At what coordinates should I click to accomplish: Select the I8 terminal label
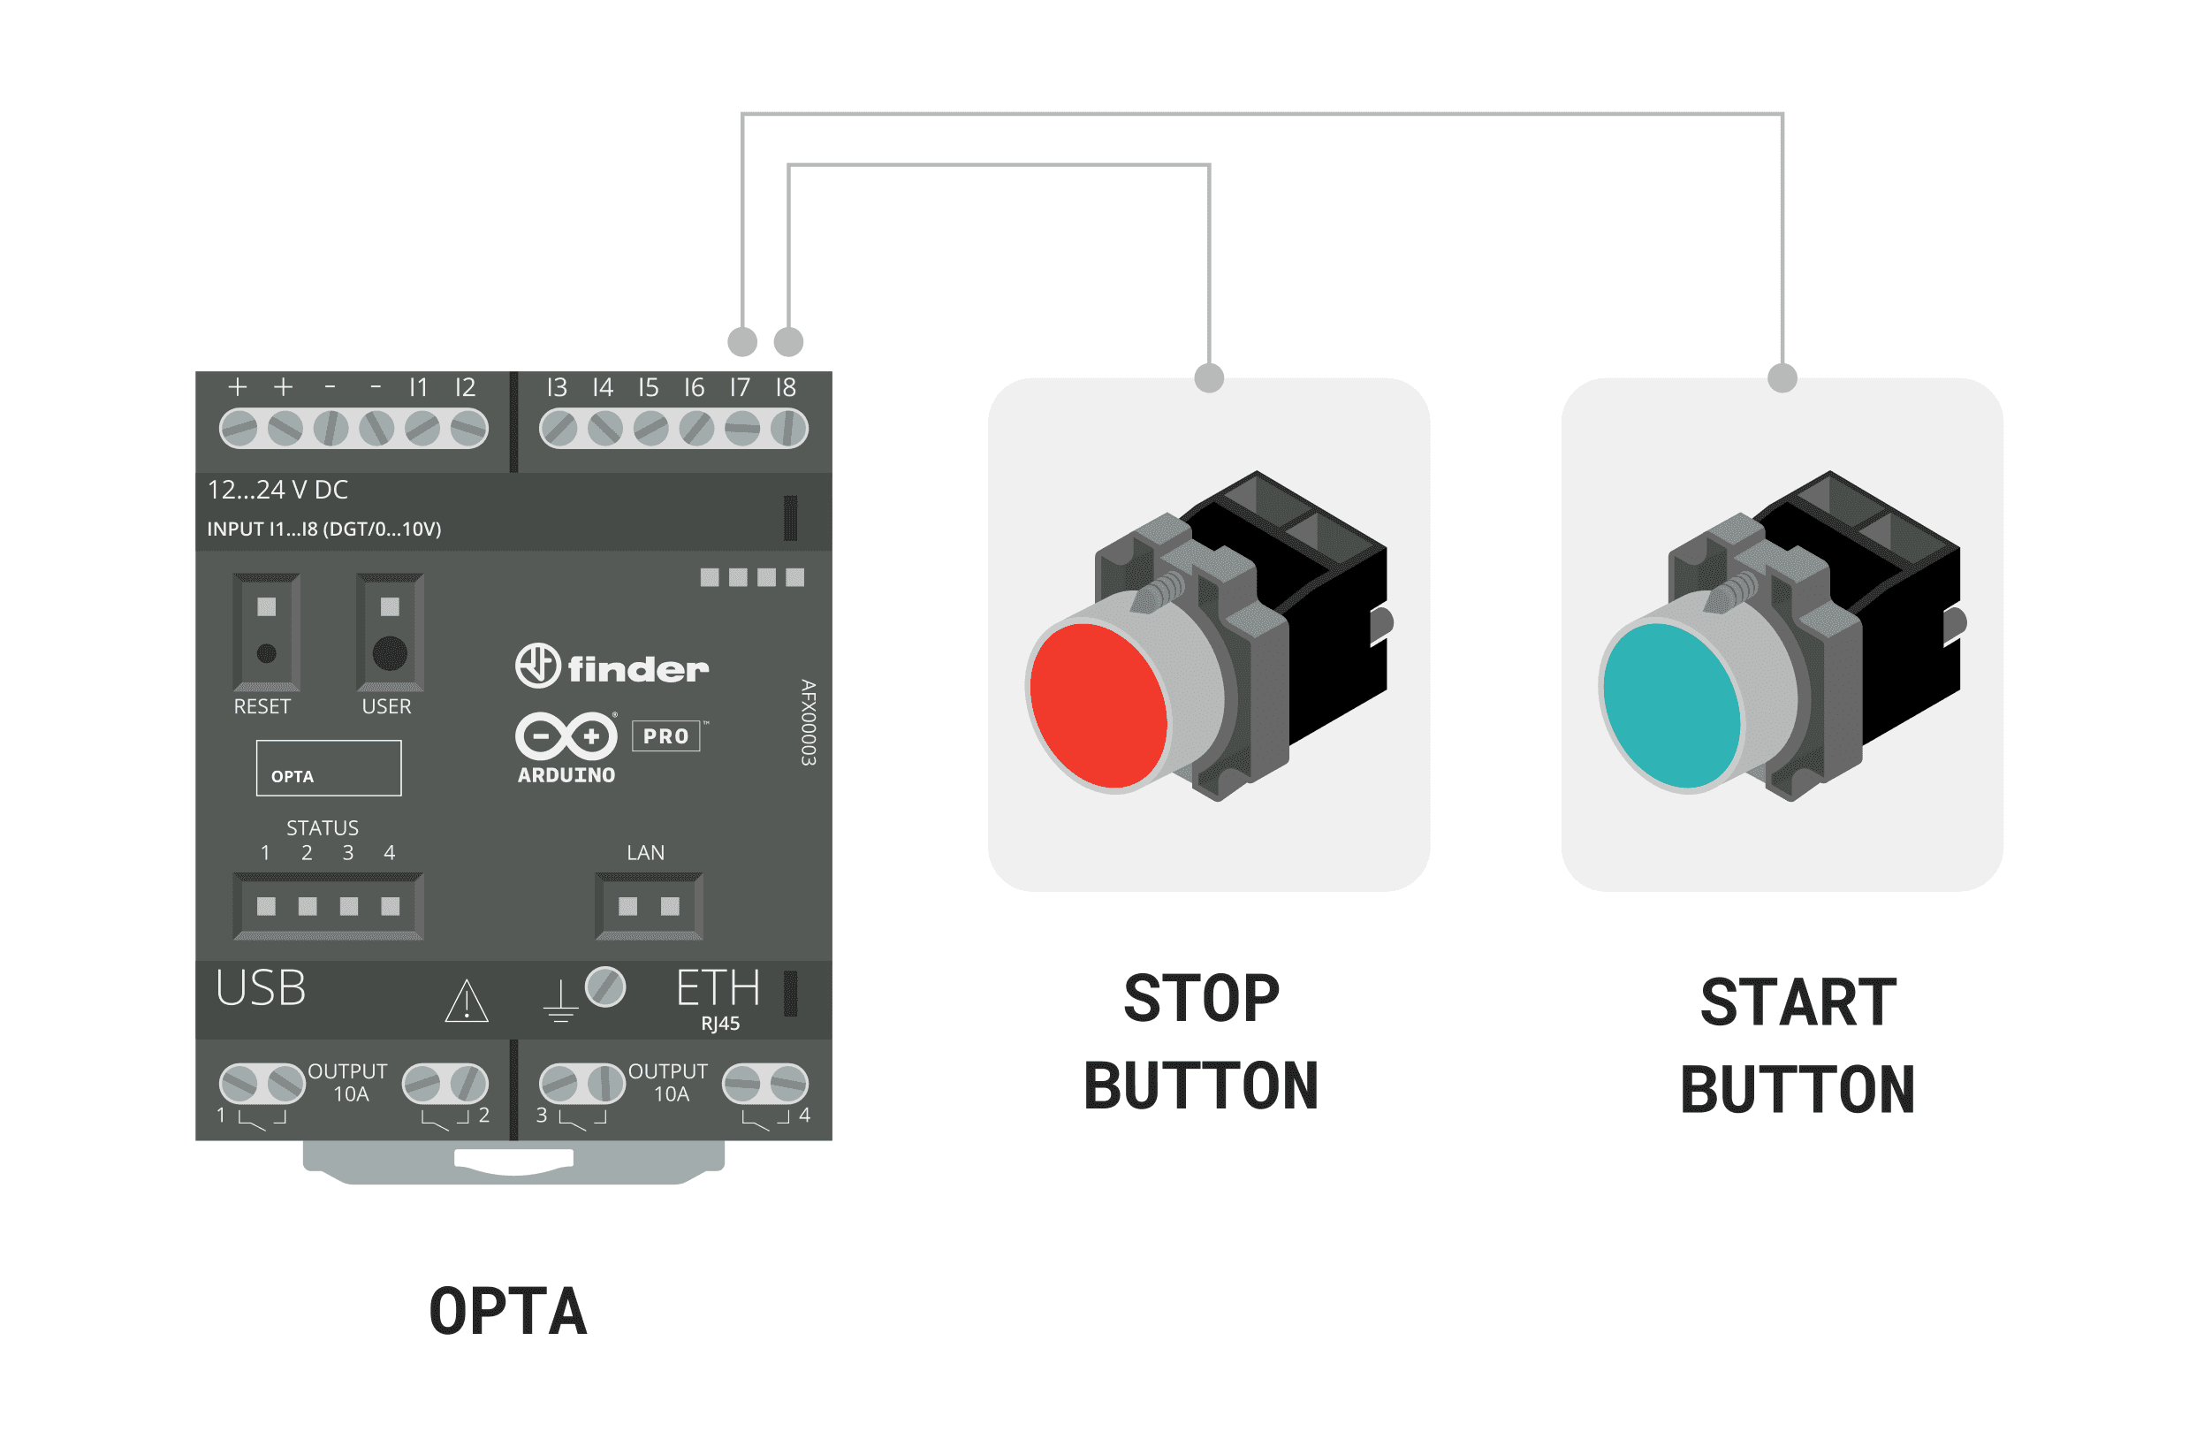tap(786, 387)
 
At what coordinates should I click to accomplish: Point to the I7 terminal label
tap(740, 387)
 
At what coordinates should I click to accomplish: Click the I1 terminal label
tap(419, 387)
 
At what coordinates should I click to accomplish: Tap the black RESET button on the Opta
tap(267, 653)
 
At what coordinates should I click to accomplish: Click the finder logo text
tap(637, 668)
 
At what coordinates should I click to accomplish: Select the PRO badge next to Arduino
tap(666, 735)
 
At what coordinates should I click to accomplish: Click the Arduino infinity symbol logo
tap(566, 735)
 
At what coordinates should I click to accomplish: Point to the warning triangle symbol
tap(467, 1002)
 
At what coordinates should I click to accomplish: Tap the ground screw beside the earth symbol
tap(605, 987)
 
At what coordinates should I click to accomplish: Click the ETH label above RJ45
tap(718, 988)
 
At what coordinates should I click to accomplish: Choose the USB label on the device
tap(261, 988)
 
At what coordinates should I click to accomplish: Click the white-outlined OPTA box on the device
tap(329, 768)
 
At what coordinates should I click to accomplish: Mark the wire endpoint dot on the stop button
tap(1209, 377)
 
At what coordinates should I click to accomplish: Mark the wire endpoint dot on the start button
tap(1782, 377)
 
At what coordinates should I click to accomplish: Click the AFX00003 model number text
tap(808, 722)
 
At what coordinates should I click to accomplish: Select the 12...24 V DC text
tap(277, 490)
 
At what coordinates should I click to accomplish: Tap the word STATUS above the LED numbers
tap(322, 827)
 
